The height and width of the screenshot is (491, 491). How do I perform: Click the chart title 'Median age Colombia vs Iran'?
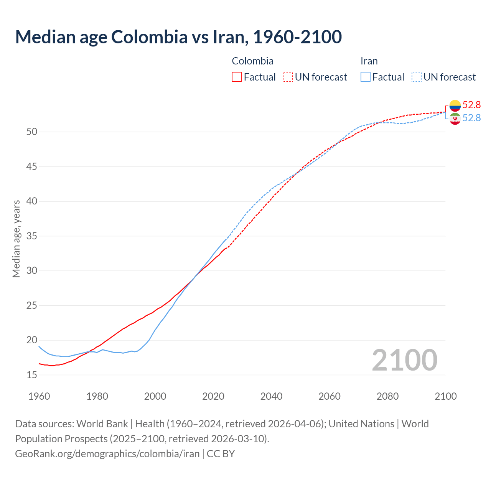click(x=178, y=37)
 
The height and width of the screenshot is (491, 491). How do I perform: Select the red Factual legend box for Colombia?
click(x=237, y=77)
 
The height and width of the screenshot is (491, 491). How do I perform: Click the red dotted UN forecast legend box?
click(x=288, y=77)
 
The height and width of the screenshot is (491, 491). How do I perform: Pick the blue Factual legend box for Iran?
click(x=366, y=77)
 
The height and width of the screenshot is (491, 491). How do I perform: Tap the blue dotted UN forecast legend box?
click(x=417, y=77)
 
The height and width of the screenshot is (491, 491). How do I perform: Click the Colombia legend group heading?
click(x=252, y=61)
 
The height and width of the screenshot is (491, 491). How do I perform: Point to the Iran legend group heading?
click(x=369, y=61)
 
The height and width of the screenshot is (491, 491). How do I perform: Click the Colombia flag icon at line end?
click(x=455, y=105)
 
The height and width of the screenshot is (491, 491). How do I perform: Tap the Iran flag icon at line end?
click(x=455, y=119)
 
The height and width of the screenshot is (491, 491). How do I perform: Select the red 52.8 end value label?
click(x=471, y=105)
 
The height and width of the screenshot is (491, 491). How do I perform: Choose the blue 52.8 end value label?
click(x=471, y=118)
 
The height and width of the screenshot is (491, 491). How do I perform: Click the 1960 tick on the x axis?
click(x=39, y=396)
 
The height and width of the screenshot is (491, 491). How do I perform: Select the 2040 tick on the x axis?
click(x=271, y=396)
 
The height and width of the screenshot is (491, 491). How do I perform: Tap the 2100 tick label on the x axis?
click(x=445, y=396)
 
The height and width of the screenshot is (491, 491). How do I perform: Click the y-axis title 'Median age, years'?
click(x=16, y=239)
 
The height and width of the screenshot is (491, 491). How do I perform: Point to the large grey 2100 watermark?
click(x=404, y=360)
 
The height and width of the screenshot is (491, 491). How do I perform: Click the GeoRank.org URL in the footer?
click(x=107, y=454)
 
